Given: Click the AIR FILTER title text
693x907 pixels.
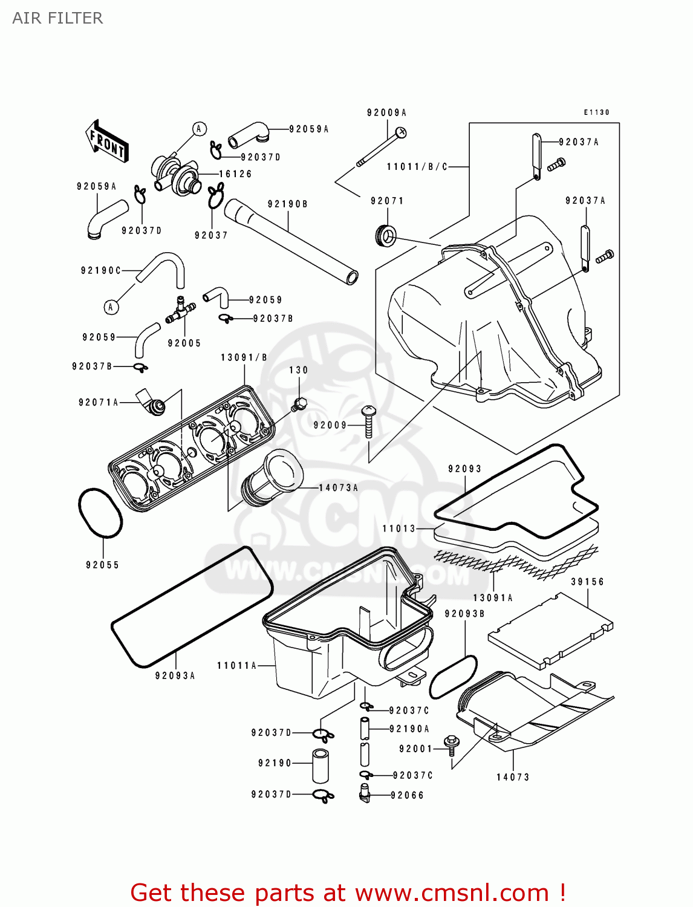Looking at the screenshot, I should (x=57, y=18).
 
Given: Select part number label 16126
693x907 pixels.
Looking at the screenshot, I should (x=235, y=174).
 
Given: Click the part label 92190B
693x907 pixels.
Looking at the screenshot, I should (x=288, y=204).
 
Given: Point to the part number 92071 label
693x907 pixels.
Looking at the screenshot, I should (x=387, y=201).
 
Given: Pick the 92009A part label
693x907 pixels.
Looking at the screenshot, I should (x=386, y=112).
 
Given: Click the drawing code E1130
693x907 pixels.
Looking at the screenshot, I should (x=596, y=112).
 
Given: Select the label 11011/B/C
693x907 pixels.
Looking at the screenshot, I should (x=417, y=167).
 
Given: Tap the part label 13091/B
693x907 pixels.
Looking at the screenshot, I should (x=244, y=357).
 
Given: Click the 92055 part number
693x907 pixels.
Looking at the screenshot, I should (x=102, y=565).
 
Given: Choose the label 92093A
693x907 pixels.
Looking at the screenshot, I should (x=175, y=675).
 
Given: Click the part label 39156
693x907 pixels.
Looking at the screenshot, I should (x=587, y=582).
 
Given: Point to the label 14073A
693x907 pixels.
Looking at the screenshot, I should (x=339, y=487).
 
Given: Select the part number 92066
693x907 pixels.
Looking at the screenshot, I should (x=407, y=795).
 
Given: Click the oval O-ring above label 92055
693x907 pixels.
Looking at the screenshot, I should (x=100, y=513).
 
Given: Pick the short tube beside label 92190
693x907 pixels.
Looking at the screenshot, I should (x=320, y=766).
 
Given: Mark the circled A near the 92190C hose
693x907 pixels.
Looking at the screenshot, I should (x=111, y=307).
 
